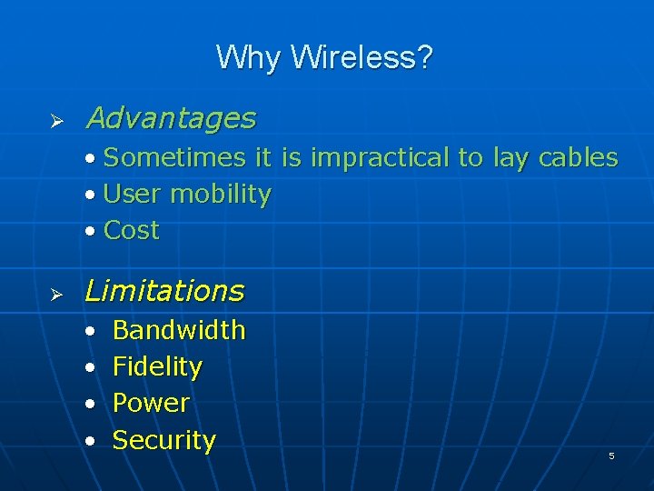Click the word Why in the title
(x=250, y=58)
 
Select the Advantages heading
(x=170, y=118)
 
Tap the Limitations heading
(x=164, y=291)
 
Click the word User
(x=134, y=195)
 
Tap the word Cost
(x=132, y=231)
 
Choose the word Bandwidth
(x=179, y=330)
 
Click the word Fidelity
(x=157, y=367)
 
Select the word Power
(x=151, y=403)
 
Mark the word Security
(x=164, y=441)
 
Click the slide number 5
(x=611, y=456)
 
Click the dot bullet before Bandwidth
(x=90, y=331)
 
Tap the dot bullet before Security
(x=90, y=442)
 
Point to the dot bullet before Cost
(x=90, y=232)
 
